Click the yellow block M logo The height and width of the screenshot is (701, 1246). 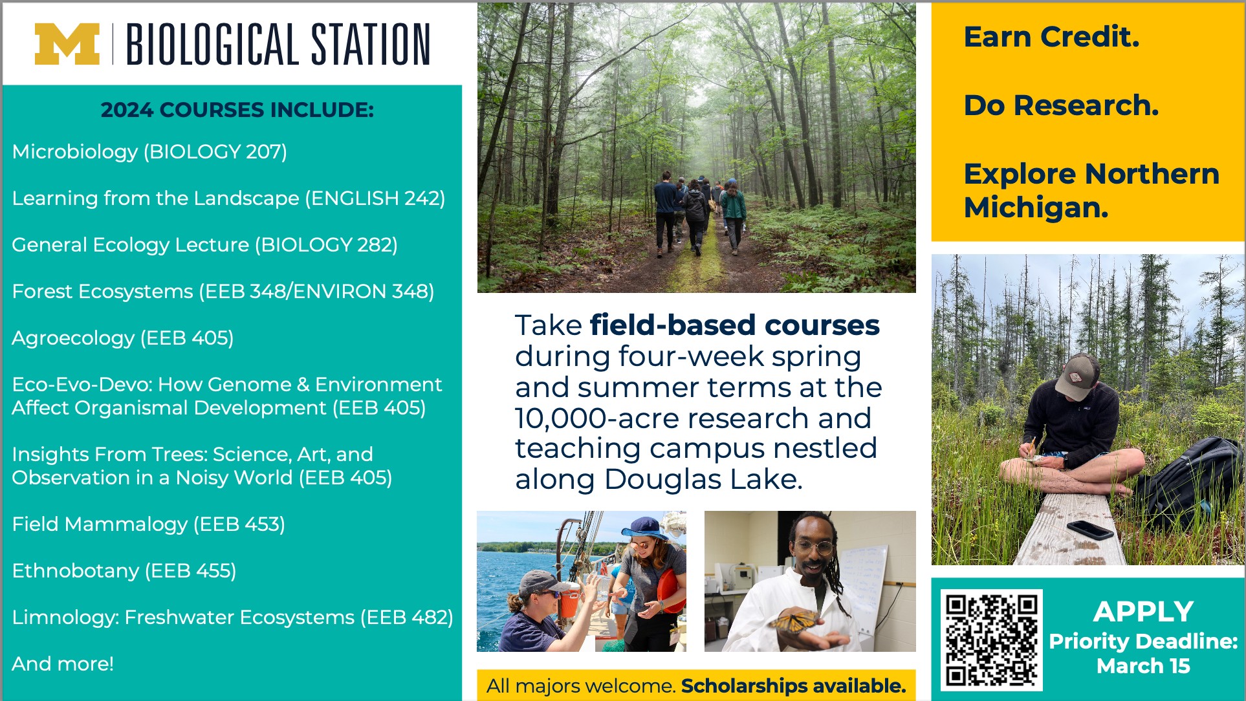67,44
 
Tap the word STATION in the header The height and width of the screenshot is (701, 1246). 371,44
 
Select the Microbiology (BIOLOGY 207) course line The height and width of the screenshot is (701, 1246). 149,151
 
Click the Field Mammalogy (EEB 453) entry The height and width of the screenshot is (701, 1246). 149,524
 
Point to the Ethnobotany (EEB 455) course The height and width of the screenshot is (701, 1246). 124,570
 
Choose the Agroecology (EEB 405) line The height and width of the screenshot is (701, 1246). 123,338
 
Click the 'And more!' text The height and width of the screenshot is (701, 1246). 63,663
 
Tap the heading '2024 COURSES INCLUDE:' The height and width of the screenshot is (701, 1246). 237,110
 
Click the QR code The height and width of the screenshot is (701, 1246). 991,640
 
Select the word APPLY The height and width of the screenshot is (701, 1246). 1143,611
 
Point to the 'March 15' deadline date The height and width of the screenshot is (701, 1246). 1143,665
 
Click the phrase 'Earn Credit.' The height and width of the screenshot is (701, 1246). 1051,37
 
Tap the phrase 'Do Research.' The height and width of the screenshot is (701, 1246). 1061,105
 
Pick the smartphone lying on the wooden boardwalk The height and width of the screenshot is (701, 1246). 1091,530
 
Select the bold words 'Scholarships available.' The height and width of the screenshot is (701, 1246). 794,685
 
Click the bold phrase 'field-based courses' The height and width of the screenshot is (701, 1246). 734,325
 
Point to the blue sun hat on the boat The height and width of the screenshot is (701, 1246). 644,528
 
